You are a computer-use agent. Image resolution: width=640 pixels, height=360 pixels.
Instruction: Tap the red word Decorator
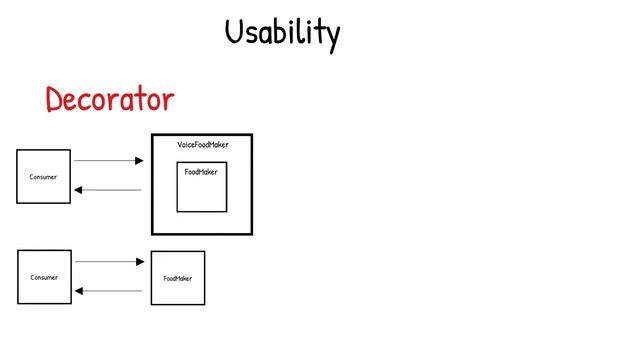[109, 100]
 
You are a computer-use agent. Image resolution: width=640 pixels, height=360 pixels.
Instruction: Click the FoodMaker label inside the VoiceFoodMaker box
[200, 172]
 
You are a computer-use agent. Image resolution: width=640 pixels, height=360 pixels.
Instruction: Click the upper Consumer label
[43, 177]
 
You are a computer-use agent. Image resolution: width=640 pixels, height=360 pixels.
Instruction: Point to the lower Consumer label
[44, 277]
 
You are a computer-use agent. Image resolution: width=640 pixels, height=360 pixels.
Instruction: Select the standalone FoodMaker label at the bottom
[178, 278]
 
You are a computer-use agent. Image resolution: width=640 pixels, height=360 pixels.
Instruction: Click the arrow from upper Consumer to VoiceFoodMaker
[109, 160]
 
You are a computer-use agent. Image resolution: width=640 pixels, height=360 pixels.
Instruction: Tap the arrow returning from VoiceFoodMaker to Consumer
[109, 190]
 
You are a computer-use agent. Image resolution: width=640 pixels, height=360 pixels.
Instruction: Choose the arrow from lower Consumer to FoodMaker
[110, 262]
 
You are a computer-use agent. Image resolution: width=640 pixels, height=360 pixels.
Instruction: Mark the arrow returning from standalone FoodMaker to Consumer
[110, 291]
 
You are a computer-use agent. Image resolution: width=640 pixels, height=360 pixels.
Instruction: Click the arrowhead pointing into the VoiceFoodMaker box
[139, 160]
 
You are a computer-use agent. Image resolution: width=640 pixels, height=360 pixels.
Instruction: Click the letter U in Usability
[234, 32]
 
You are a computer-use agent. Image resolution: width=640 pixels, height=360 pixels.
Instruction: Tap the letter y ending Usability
[332, 38]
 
